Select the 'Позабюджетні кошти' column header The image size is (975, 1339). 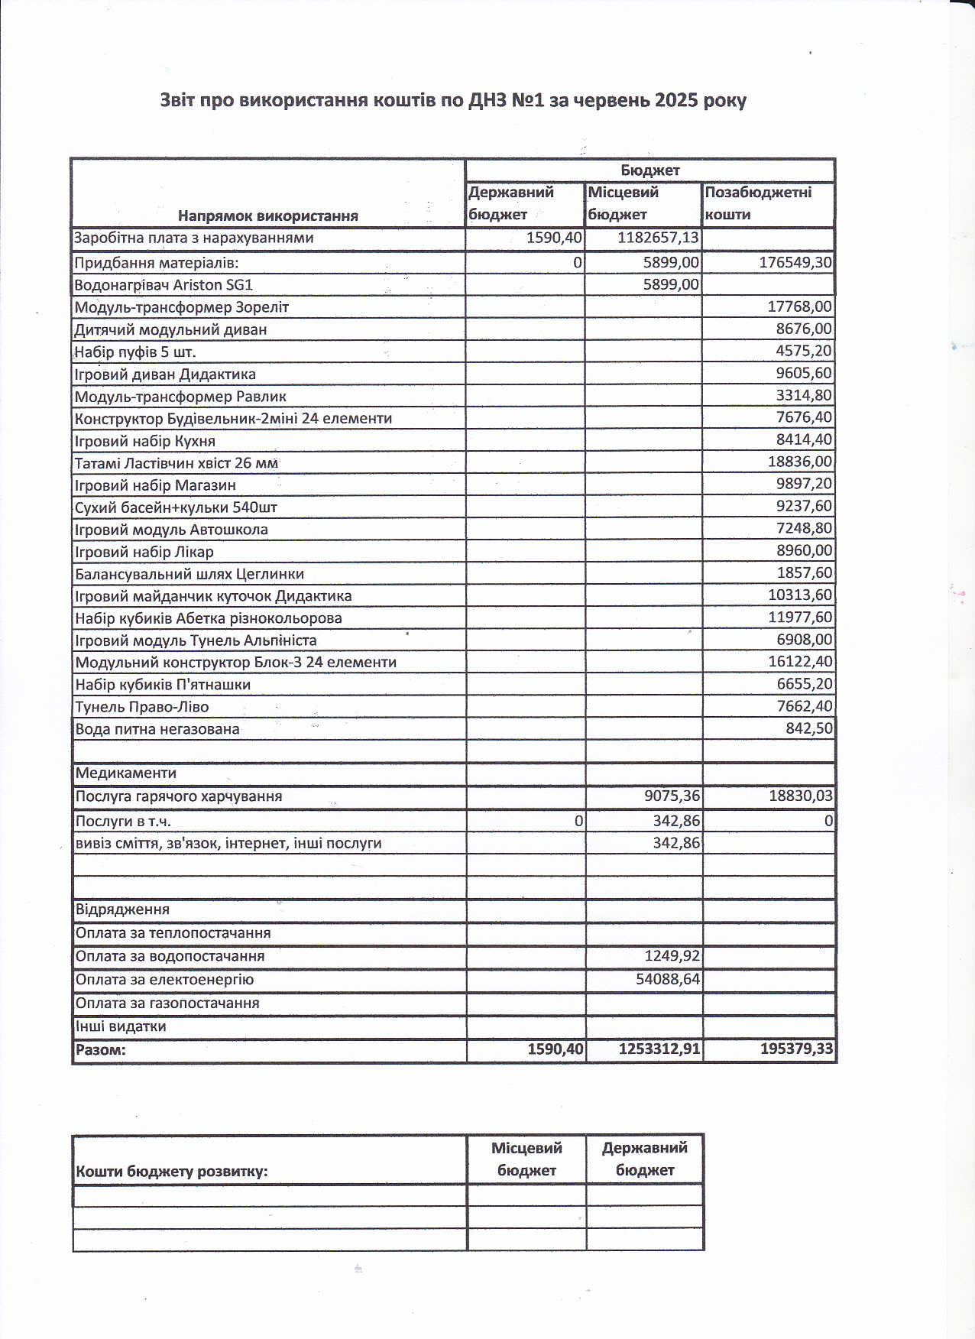(x=758, y=203)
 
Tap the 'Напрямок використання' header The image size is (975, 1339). (x=268, y=216)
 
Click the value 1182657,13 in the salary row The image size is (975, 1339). (x=658, y=238)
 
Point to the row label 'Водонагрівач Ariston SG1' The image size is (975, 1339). (x=164, y=285)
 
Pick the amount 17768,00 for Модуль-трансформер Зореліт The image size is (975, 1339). (x=800, y=306)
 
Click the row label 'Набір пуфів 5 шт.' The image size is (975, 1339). (x=135, y=352)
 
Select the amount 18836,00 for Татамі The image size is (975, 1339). (x=800, y=462)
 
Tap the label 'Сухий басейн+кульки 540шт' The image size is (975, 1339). (x=176, y=507)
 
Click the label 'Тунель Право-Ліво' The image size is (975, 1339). (x=142, y=707)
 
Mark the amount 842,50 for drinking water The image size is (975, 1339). (x=809, y=728)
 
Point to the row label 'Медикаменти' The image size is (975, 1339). (x=126, y=773)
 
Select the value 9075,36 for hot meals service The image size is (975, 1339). (x=672, y=796)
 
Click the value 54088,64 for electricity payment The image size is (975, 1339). (x=668, y=979)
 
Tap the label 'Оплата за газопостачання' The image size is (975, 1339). (x=167, y=1003)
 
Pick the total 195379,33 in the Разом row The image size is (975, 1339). (x=796, y=1049)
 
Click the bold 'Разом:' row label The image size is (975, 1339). (x=101, y=1049)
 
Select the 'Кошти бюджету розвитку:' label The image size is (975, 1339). (x=172, y=1172)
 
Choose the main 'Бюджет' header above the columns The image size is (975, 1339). (x=649, y=170)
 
